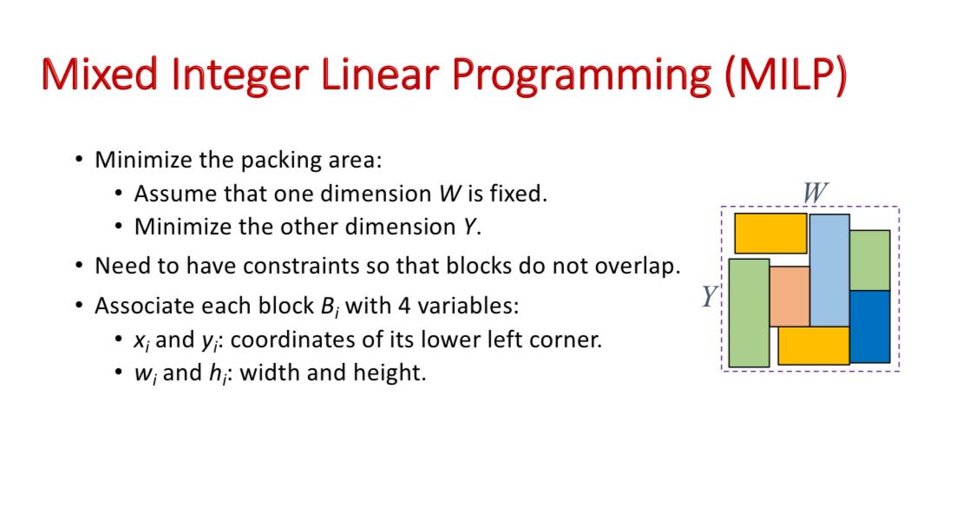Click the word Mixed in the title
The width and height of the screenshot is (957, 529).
100,74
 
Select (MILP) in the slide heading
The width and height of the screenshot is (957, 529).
786,75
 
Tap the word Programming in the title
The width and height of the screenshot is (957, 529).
581,76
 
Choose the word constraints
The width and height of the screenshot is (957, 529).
316,266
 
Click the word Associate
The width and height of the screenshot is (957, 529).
143,306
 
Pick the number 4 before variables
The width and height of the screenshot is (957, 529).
404,306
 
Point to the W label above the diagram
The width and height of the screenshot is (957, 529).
815,193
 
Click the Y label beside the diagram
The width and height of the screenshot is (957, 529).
709,296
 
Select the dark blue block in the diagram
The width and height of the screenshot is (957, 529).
869,327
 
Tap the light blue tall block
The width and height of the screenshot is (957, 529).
829,270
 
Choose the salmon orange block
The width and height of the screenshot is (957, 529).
790,296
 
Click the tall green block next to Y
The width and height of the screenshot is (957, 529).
749,313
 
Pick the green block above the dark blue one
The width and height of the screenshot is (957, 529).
869,261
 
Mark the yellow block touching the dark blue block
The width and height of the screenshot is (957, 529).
814,346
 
